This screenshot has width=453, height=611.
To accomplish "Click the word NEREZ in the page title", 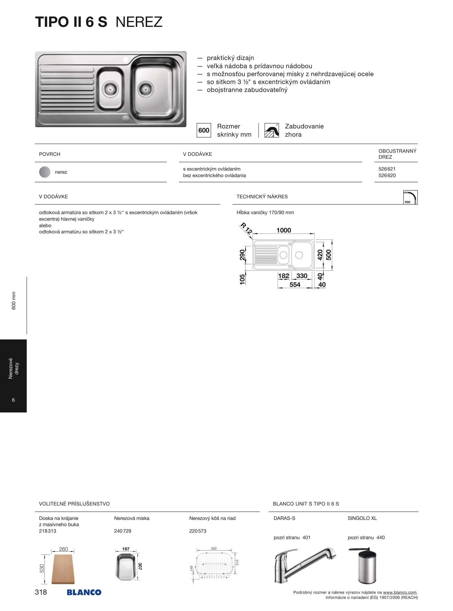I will click(139, 22).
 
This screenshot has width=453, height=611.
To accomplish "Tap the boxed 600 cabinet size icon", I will click(204, 130).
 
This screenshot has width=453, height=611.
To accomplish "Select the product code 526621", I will click(387, 169).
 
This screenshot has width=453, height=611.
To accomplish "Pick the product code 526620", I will click(387, 175).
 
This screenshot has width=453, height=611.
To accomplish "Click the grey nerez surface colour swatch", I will click(45, 172).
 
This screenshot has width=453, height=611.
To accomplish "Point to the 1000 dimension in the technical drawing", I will click(284, 230).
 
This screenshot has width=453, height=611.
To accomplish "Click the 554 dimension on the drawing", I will click(295, 285).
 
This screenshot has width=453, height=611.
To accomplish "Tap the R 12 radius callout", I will click(246, 228).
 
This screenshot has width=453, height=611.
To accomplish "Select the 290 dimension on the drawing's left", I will click(242, 255).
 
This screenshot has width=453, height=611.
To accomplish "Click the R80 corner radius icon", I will click(410, 197).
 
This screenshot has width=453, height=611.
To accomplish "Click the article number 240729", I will click(123, 531).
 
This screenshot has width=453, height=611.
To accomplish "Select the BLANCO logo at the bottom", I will click(84, 592).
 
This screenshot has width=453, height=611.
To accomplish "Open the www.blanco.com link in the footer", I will click(400, 592).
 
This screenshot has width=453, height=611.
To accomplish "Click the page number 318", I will click(41, 592).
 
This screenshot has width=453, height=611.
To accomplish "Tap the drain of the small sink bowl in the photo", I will click(110, 89).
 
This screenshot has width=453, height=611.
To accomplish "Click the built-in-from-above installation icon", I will click(272, 130).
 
